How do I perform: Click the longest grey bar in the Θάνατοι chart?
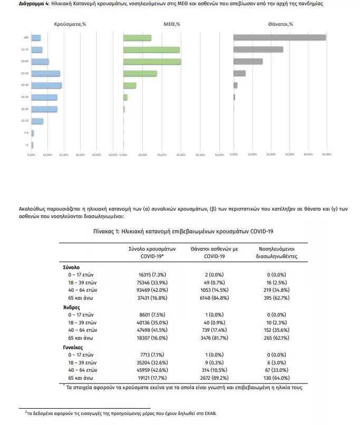[279, 37]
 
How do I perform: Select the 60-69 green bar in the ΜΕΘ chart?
[152, 62]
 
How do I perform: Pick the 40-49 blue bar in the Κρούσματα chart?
[46, 85]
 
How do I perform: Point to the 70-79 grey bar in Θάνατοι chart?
[258, 50]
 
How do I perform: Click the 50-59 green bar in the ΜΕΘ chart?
[140, 73]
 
